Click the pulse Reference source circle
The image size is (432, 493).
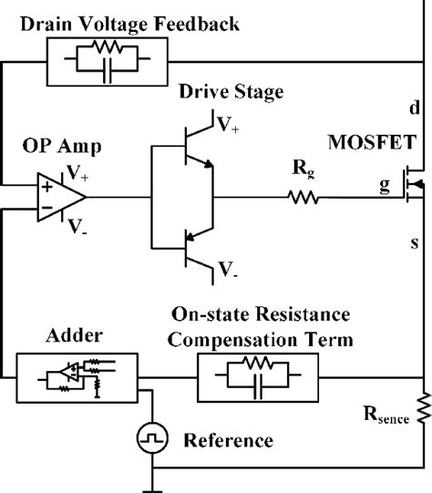point(149,440)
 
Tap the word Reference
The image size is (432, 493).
point(228,441)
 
